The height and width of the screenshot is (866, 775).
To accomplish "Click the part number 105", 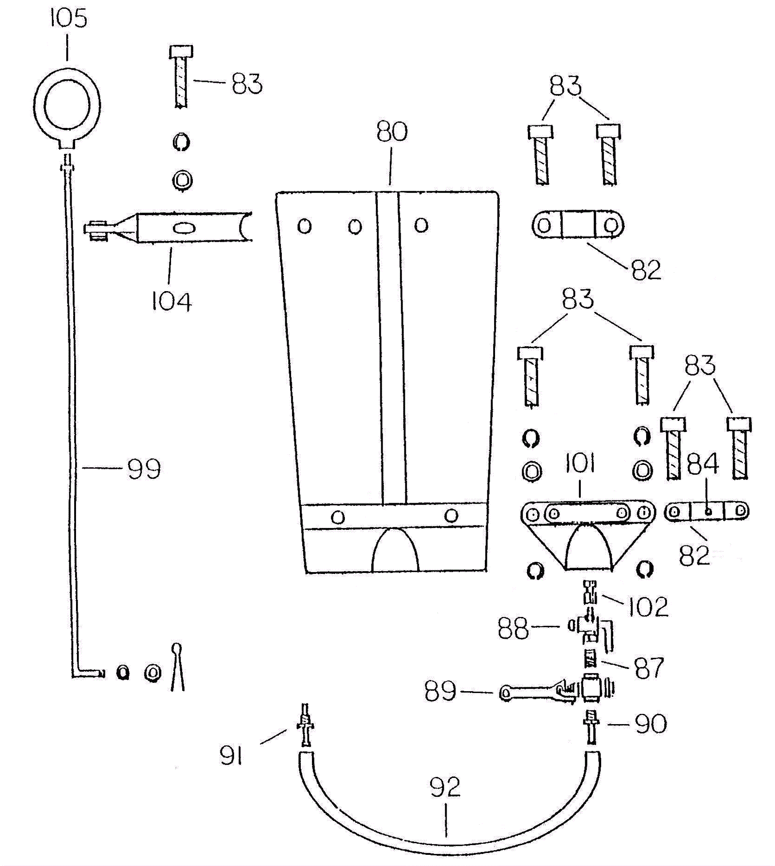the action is coord(68,18).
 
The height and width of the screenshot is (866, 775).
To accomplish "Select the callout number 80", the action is coord(392,132).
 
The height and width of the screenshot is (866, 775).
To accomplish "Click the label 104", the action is coord(171,302).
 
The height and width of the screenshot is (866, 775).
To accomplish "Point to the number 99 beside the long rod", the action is coord(144,469).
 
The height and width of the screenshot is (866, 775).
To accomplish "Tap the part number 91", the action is coord(231,755).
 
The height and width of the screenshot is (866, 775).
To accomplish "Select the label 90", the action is coord(651,724).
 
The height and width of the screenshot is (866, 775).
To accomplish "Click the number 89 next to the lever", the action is coord(440,692).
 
